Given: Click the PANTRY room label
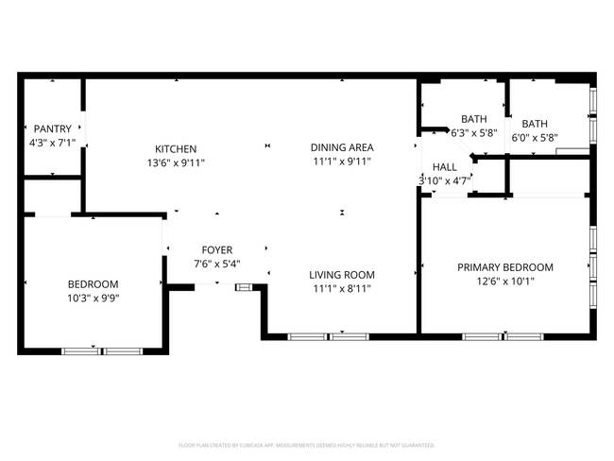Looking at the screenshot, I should [x=52, y=128].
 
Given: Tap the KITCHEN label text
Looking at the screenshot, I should [x=176, y=149].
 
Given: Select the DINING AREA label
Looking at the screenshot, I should [x=342, y=147].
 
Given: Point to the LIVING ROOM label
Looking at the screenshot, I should [x=342, y=275].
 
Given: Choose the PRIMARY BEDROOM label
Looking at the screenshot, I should [x=505, y=267].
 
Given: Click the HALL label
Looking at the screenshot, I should [x=445, y=166].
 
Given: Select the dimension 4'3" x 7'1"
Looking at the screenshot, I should [x=52, y=143].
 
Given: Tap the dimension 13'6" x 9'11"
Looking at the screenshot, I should [x=176, y=162].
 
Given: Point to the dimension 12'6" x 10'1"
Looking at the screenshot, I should [x=505, y=282].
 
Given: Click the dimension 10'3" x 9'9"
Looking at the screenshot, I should [x=93, y=298].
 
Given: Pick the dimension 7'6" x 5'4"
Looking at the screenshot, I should [x=215, y=264].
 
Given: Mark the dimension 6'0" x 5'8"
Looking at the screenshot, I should [x=535, y=137].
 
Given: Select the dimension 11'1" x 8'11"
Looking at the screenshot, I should [x=342, y=289].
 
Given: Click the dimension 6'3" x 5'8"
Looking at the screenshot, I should [x=473, y=133].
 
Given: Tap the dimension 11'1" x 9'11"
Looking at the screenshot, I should [x=342, y=162].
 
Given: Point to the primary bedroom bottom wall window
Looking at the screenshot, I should [x=503, y=335].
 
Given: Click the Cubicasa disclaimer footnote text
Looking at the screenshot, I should [x=307, y=444].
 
